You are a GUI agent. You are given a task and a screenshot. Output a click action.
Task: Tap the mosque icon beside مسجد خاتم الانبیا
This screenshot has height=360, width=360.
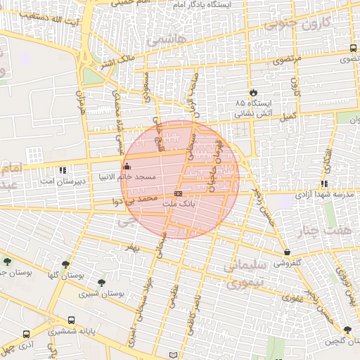tap(127, 167)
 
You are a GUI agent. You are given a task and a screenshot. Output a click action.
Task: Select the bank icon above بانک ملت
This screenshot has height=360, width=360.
tap(178, 193)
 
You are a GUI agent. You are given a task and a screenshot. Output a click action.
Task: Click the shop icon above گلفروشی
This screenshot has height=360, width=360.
tap(287, 252)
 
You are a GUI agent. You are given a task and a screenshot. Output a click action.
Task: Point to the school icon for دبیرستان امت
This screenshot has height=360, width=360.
tap(63, 170)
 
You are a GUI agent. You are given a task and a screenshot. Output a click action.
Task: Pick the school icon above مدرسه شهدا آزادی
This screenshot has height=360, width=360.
tap(324, 184)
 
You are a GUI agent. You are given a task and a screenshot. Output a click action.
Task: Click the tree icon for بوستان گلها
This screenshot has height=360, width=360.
tap(65, 264)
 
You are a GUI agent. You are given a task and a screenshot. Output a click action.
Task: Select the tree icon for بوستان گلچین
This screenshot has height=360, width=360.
tap(347, 330)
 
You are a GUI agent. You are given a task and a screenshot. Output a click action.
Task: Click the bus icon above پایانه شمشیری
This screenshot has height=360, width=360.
tap(71, 321)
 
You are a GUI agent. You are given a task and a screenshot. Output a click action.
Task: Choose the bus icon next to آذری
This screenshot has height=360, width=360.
tap(26, 335)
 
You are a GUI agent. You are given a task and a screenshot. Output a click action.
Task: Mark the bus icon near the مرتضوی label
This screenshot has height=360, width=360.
tap(352, 48)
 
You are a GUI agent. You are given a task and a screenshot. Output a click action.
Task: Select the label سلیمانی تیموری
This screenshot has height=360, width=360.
tap(240, 273)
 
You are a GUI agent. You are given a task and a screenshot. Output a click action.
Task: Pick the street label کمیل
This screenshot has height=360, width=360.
tap(288, 115)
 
